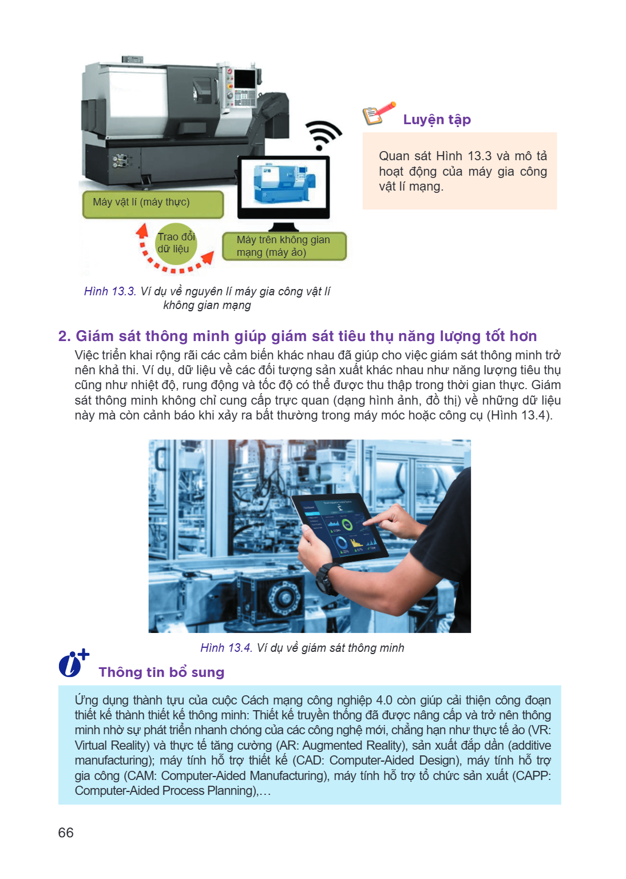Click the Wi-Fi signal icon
(323, 135)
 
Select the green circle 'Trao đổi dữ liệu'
(176, 243)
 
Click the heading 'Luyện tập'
(437, 119)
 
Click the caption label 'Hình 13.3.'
(110, 291)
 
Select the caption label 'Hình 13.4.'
(226, 647)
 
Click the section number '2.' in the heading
(64, 336)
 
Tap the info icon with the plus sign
(74, 663)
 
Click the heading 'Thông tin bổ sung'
(161, 672)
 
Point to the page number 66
(66, 832)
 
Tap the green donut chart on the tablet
(347, 524)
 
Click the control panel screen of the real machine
(245, 78)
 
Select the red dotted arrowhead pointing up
(142, 231)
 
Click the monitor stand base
(283, 227)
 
